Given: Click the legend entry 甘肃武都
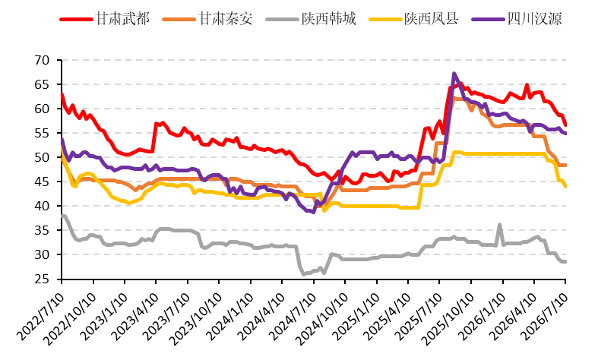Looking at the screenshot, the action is [x=105, y=19].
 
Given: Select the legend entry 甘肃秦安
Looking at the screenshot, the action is [x=207, y=19].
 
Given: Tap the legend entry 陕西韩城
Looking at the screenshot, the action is [x=311, y=19].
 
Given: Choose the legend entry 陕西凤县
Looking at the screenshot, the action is [x=414, y=19].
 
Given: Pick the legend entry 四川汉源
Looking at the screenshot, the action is [x=517, y=19].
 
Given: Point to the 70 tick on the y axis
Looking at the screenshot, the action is [x=42, y=60].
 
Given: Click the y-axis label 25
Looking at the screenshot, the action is [x=42, y=279].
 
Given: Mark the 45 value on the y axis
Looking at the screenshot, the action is [x=42, y=182].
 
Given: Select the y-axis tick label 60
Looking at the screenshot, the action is [x=42, y=109].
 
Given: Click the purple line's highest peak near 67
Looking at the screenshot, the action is [x=454, y=73].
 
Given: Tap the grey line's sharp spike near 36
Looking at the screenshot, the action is [x=500, y=225].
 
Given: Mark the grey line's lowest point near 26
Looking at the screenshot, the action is [x=304, y=274].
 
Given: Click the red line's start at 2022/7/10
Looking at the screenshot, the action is [x=62, y=94].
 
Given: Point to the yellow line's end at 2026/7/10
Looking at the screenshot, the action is [x=565, y=187].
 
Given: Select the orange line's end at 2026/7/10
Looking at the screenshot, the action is [x=565, y=165].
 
